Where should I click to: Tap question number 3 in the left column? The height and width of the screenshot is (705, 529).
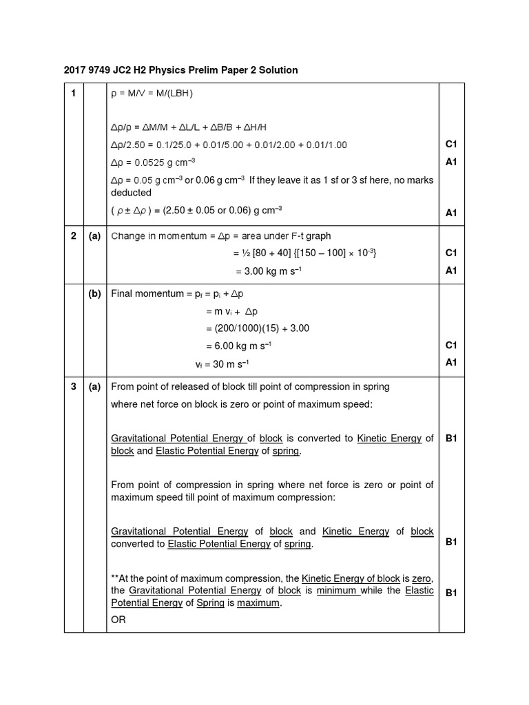[73, 386]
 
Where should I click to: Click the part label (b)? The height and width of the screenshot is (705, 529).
[94, 293]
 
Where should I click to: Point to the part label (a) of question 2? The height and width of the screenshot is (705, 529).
[94, 235]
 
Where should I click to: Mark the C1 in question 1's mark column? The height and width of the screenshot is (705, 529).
[451, 144]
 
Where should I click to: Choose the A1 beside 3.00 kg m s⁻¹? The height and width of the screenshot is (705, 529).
[451, 271]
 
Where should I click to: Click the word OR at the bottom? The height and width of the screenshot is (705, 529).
[118, 620]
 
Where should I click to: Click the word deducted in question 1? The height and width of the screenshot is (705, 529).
[131, 193]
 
